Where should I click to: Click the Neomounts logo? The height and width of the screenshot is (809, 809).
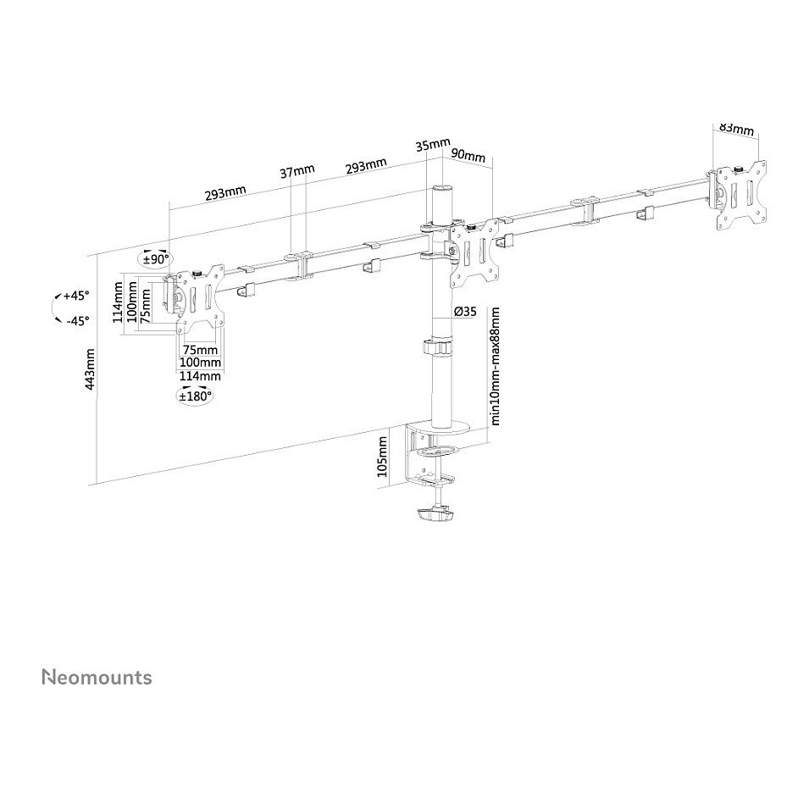pyautogui.click(x=97, y=677)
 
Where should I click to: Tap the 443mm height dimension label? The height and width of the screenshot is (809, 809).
pyautogui.click(x=90, y=369)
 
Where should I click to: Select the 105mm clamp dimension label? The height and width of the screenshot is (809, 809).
pyautogui.click(x=382, y=457)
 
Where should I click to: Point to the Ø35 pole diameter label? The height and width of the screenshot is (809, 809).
pyautogui.click(x=465, y=312)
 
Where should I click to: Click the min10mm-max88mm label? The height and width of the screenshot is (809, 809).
pyautogui.click(x=496, y=366)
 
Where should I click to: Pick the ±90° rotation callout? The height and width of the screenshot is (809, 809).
pyautogui.click(x=156, y=259)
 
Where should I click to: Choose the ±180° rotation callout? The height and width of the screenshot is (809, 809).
pyautogui.click(x=196, y=396)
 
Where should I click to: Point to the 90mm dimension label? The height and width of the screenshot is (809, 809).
pyautogui.click(x=468, y=155)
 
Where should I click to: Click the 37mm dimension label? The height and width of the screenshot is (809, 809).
pyautogui.click(x=297, y=171)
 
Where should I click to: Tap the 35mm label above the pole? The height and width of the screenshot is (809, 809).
pyautogui.click(x=434, y=144)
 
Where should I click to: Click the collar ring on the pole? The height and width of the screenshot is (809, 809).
pyautogui.click(x=438, y=346)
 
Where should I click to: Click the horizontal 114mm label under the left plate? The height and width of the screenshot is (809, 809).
pyautogui.click(x=200, y=375)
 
